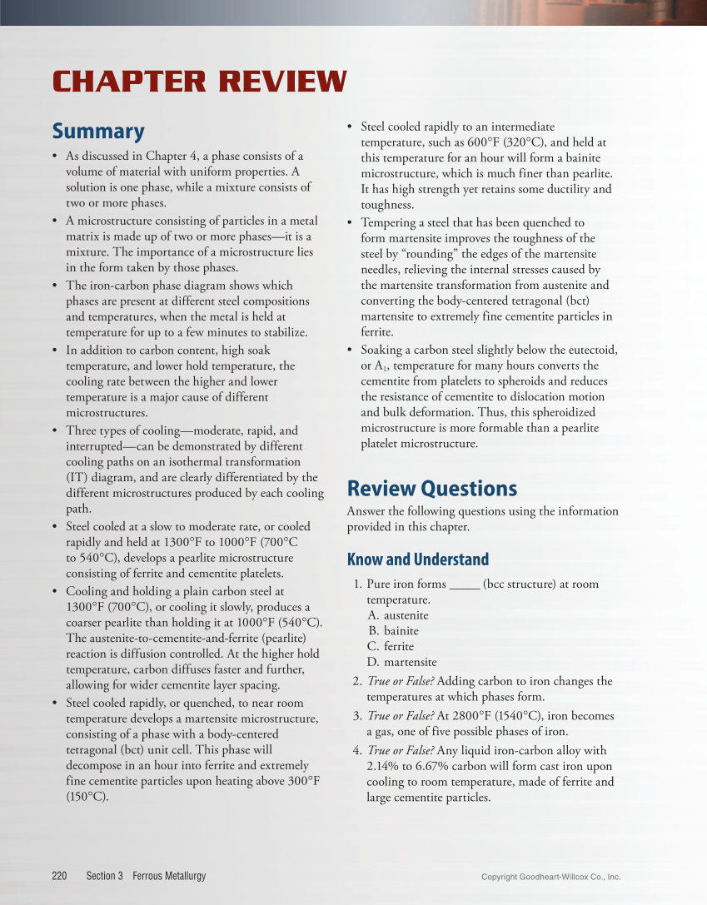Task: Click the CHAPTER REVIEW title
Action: click(x=199, y=82)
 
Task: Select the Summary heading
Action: click(x=98, y=132)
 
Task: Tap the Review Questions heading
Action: click(x=431, y=488)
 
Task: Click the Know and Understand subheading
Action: click(x=417, y=559)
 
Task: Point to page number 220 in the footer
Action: click(x=59, y=876)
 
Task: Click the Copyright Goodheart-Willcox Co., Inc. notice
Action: click(x=551, y=877)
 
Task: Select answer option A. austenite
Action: click(x=398, y=615)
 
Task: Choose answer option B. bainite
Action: click(x=393, y=631)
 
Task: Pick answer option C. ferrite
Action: click(x=391, y=646)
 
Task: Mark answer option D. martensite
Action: click(x=401, y=662)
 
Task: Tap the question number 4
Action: click(x=356, y=751)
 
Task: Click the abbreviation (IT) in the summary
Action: click(x=79, y=478)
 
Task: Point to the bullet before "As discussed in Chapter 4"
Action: click(x=54, y=156)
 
